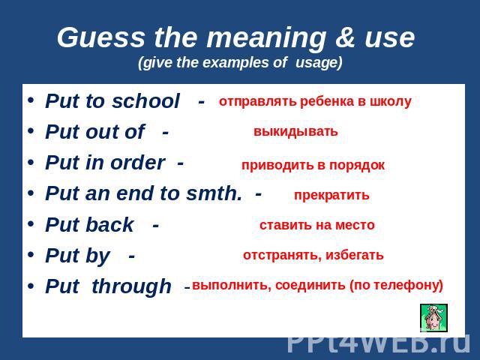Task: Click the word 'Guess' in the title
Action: click(x=100, y=38)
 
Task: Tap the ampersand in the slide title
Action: click(x=346, y=37)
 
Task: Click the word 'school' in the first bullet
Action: click(x=145, y=101)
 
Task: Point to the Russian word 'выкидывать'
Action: click(x=295, y=132)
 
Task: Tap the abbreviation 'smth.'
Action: click(x=214, y=193)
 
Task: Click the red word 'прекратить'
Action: click(x=331, y=195)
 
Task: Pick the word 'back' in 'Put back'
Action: click(x=109, y=225)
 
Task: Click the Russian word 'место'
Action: click(x=355, y=225)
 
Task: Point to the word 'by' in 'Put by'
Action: click(x=97, y=256)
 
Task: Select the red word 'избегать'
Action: click(x=355, y=255)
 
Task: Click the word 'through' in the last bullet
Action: click(x=132, y=287)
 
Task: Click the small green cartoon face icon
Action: click(x=433, y=318)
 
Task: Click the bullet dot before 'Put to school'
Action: click(x=31, y=100)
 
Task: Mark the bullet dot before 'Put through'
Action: click(x=31, y=286)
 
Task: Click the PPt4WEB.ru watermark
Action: click(x=379, y=343)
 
